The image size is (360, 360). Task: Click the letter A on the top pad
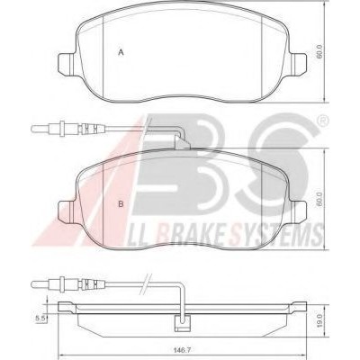click(121, 52)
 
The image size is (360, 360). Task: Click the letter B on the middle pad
click(121, 204)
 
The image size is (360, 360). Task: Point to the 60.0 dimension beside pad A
click(319, 51)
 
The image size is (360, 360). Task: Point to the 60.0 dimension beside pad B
click(319, 200)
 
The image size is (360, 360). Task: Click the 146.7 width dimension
click(182, 350)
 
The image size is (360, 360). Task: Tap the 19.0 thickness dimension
click(319, 319)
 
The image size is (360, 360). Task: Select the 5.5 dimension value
click(40, 319)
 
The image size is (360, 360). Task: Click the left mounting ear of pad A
click(66, 64)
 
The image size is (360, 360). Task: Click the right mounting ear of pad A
click(298, 64)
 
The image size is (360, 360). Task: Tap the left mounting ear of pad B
click(66, 212)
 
